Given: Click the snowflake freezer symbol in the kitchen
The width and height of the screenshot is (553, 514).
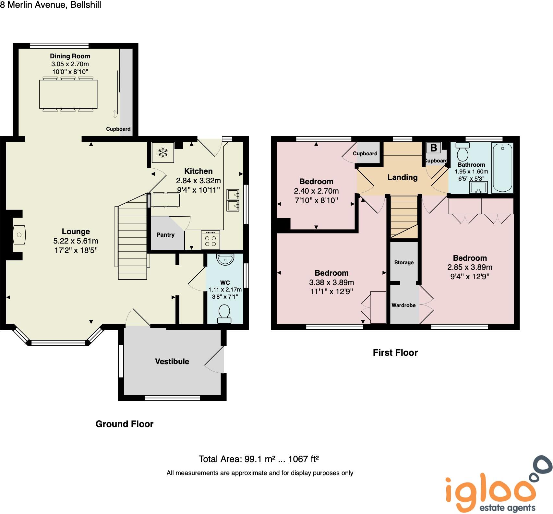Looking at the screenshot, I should [163, 152].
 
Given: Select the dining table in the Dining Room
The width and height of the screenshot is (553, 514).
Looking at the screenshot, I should [68, 94].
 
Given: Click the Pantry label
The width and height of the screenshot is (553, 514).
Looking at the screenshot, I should [165, 235].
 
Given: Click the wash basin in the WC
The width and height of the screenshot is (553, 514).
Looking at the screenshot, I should [225, 259].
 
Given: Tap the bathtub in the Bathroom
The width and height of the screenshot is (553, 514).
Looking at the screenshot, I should [502, 168].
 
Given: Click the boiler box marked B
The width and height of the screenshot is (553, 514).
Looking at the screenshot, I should [433, 148].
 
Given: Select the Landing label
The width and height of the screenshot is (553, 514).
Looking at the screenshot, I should [402, 177].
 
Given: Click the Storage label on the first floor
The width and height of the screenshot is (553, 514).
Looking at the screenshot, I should [404, 262].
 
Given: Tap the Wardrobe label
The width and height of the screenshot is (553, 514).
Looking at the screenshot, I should [403, 305].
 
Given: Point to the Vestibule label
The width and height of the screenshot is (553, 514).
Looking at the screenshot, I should [172, 362].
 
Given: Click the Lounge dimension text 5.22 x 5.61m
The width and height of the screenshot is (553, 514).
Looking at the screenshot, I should [76, 241].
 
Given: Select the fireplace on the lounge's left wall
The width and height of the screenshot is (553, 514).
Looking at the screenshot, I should [19, 234].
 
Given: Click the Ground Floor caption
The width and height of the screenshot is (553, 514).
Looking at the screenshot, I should [124, 424].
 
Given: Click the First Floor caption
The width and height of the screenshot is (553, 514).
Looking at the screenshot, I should [395, 353].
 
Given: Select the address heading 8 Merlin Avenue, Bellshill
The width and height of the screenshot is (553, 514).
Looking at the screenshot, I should [51, 5].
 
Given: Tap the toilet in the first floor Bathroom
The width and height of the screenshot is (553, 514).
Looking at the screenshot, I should [463, 151].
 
